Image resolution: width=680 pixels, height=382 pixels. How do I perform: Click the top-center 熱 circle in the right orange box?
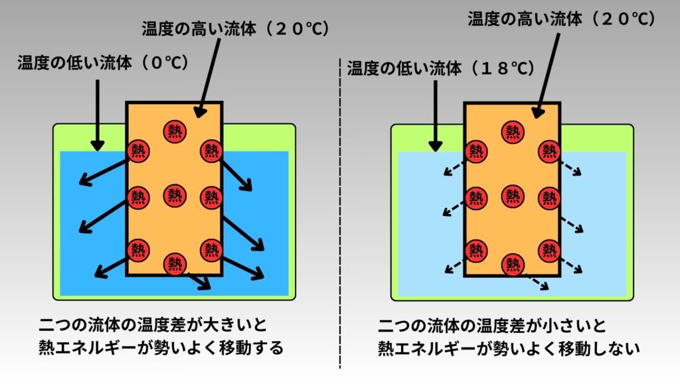511,131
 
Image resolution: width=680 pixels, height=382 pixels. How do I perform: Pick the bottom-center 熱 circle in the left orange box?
175,263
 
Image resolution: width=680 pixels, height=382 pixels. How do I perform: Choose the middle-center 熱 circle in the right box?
511,196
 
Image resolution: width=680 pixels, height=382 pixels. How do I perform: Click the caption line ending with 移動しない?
508,348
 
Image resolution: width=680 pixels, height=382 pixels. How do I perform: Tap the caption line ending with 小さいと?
492,326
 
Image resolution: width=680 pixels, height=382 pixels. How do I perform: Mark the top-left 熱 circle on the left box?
138,150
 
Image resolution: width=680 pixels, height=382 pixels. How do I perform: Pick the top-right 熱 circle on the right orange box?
549,151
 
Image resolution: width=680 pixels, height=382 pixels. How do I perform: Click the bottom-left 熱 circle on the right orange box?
475,249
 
